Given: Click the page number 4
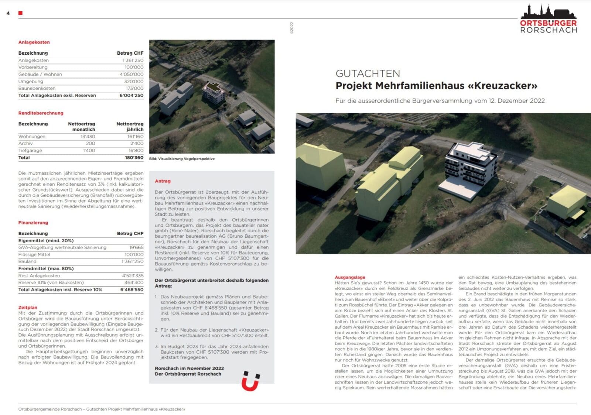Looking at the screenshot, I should click(8, 13).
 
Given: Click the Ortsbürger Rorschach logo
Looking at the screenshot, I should click(548, 19).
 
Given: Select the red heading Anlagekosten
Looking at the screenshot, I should click(34, 42).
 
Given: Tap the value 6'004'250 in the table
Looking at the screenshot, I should click(131, 95).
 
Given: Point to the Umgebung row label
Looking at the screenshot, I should click(31, 81).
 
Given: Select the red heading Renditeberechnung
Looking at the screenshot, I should click(41, 113).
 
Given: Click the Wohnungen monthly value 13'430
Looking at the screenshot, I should click(88, 136).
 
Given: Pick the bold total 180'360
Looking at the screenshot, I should click(134, 158).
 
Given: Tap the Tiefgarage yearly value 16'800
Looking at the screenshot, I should click(136, 151).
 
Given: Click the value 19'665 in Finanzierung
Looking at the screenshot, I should click(136, 247).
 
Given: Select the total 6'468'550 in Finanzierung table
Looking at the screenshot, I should click(131, 290).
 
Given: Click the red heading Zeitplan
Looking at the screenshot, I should click(28, 308).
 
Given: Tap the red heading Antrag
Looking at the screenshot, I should click(163, 181).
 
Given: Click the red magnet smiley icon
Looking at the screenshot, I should click(250, 381).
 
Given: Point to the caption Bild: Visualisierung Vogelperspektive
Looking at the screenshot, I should click(182, 159).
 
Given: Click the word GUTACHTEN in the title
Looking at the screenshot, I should click(368, 73).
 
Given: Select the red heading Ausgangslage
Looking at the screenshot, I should click(350, 277).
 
